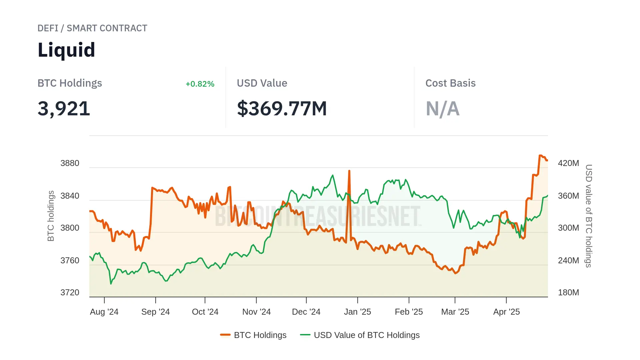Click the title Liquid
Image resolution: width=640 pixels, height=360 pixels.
[66, 50]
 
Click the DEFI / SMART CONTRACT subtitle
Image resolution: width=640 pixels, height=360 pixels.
[92, 28]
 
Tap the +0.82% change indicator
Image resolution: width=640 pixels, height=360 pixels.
[200, 84]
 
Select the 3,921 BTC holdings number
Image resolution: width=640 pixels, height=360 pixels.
[64, 109]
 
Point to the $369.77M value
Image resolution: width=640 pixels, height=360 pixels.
[282, 109]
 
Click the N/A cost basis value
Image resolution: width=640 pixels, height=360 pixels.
[442, 109]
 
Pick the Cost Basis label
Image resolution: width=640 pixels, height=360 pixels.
[450, 83]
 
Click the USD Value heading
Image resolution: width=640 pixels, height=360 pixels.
[262, 83]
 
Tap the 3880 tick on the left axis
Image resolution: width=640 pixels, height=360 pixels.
[70, 163]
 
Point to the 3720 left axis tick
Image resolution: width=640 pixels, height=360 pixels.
[70, 293]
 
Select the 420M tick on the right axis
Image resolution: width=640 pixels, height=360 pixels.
[568, 163]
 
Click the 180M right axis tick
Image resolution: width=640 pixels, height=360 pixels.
[568, 293]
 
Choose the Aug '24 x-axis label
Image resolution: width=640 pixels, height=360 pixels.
[104, 312]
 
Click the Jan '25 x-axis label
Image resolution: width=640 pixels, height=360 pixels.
[357, 312]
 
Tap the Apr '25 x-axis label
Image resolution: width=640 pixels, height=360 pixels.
[506, 312]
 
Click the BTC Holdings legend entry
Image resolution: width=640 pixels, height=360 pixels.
[253, 335]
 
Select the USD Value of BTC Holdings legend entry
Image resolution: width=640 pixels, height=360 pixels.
[360, 335]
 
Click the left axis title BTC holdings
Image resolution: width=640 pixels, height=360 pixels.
[51, 216]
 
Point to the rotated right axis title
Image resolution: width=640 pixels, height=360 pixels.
[589, 216]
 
